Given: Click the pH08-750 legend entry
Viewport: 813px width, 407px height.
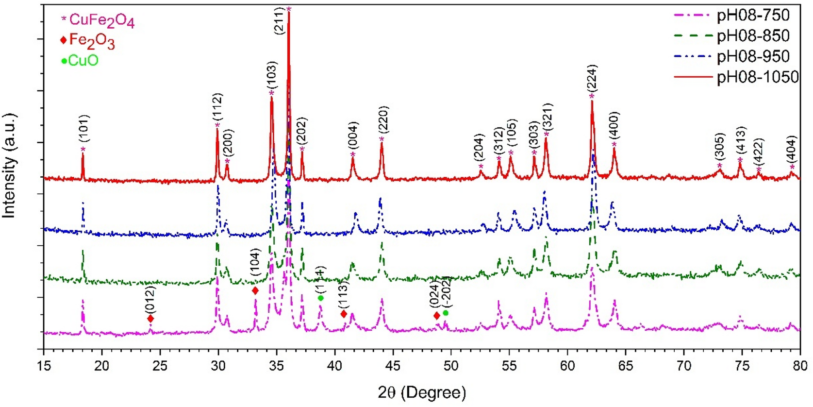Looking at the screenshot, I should click(x=753, y=16).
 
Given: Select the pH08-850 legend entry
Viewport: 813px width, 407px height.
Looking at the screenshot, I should click(x=753, y=36).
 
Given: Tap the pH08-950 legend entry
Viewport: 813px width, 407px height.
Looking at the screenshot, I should click(x=753, y=56).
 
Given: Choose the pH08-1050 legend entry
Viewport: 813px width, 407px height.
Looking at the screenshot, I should click(x=757, y=77).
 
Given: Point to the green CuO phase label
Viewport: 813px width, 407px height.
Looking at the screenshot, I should click(x=83, y=61).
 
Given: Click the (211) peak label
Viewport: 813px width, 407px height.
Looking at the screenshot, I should click(x=279, y=20).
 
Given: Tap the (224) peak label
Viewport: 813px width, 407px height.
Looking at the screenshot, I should click(x=592, y=78).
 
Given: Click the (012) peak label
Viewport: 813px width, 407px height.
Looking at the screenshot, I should click(x=150, y=300).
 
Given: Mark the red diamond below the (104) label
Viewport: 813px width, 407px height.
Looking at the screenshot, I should click(x=255, y=291).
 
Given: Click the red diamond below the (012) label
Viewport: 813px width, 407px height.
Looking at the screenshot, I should click(x=150, y=319).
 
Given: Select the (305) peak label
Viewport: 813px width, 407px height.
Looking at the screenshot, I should click(x=720, y=146).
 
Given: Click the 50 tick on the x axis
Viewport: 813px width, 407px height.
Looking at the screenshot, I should click(x=451, y=365).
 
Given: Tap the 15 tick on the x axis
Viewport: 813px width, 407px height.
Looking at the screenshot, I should click(x=44, y=365).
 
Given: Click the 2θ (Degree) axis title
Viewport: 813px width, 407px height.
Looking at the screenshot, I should click(x=421, y=392).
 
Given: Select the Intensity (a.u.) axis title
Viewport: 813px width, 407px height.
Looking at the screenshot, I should click(x=9, y=166).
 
